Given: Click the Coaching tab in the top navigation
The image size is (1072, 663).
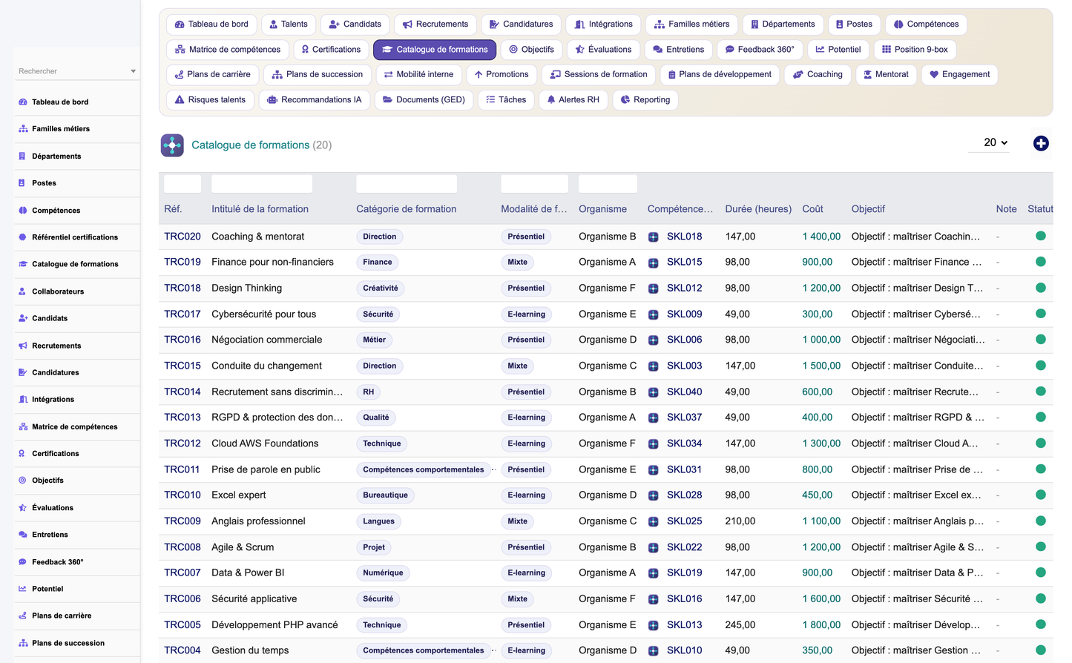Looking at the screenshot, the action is [x=818, y=75].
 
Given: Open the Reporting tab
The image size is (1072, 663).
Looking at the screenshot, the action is [x=645, y=100].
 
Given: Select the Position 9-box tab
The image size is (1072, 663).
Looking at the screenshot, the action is [x=915, y=50].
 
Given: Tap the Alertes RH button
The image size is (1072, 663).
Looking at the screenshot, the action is [x=573, y=100].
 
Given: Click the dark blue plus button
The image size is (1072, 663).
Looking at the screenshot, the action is [x=1040, y=144].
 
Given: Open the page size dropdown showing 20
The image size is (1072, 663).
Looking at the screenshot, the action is [x=995, y=142].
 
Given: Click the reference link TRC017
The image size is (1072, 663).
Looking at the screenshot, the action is [x=182, y=314].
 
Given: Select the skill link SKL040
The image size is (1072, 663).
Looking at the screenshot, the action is [x=684, y=392].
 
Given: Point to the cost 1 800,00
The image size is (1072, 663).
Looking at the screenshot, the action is [x=821, y=624].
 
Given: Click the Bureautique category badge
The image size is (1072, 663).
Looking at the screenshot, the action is [x=385, y=495].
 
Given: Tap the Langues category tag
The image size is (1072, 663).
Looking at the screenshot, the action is [x=378, y=521].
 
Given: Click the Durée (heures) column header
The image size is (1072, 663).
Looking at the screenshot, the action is [x=758, y=209].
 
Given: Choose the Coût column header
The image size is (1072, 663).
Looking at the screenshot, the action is [x=812, y=209].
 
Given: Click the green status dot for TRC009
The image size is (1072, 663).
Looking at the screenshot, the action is [x=1040, y=521].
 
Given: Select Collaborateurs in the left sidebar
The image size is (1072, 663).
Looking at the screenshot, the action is [x=58, y=291].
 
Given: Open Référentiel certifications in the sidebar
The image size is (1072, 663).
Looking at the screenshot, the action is [x=75, y=237].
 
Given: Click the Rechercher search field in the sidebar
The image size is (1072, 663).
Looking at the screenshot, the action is [x=76, y=71].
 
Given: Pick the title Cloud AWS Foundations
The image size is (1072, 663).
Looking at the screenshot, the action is [x=265, y=443].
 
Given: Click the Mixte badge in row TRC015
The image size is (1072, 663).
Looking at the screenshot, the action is [x=517, y=366].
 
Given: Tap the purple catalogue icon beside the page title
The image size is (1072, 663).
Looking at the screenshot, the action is [x=172, y=145].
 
